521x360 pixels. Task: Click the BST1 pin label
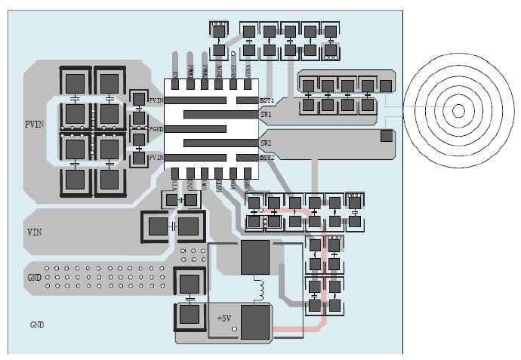[x=267, y=100]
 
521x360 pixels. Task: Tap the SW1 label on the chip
[x=266, y=115]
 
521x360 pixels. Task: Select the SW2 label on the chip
[x=266, y=143]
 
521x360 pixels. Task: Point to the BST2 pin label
[x=267, y=157]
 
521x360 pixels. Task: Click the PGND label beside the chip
[x=156, y=129]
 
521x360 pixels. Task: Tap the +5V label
[x=224, y=318]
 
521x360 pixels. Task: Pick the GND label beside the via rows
[x=35, y=277]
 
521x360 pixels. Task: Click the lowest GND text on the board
[x=37, y=325]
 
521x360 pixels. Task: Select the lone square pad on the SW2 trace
[x=386, y=136]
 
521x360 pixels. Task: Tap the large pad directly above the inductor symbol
[x=255, y=258]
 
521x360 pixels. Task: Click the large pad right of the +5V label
[x=255, y=322]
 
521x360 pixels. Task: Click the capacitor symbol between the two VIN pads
[x=172, y=226]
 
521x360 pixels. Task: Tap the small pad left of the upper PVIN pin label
[x=139, y=100]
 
